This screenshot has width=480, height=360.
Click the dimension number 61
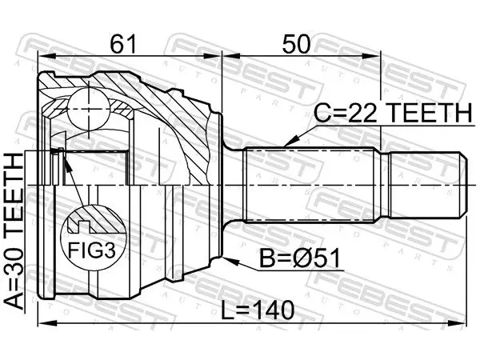(x=122, y=44)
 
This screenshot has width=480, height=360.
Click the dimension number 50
(x=296, y=44)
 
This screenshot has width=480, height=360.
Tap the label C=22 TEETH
(x=394, y=113)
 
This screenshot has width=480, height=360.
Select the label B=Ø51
(x=300, y=258)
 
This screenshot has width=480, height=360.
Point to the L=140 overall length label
(x=258, y=310)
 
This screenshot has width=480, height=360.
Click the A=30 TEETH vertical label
(x=14, y=231)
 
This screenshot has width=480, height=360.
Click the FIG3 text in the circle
(x=92, y=250)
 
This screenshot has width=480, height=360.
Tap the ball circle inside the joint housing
(x=88, y=109)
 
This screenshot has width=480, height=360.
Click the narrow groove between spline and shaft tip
(x=385, y=185)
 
